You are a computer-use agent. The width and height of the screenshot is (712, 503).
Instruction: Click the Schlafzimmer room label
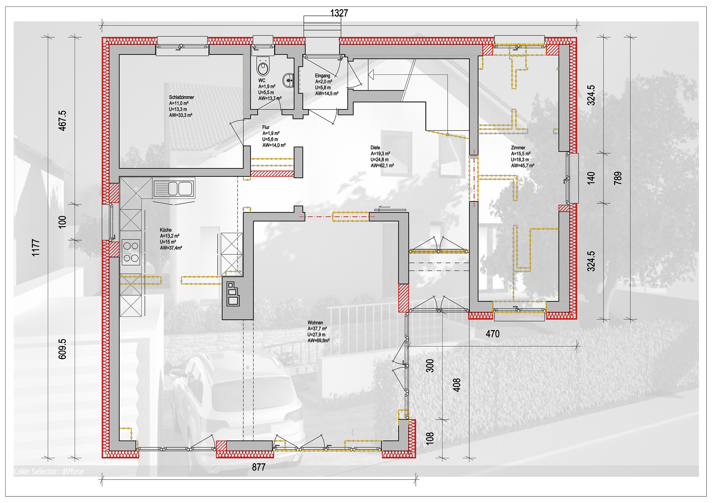(181, 97)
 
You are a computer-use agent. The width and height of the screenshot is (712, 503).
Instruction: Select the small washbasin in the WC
(288, 81)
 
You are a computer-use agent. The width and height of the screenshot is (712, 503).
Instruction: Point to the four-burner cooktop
(131, 252)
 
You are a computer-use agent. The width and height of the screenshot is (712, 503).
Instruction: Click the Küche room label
(166, 230)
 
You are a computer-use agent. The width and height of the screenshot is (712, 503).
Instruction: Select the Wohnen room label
(315, 323)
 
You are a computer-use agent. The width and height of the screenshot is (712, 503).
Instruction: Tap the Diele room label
(375, 147)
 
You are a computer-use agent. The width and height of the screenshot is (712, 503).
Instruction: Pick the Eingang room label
(323, 76)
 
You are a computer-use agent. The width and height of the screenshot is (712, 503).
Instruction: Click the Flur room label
(266, 127)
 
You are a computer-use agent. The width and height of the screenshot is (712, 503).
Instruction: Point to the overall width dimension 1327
(339, 13)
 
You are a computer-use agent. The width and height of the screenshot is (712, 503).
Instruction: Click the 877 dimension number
(259, 467)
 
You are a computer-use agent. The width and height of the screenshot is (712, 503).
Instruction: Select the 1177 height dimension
(36, 247)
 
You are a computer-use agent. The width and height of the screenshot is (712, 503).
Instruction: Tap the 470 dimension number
(493, 334)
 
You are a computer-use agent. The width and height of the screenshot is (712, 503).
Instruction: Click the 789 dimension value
(618, 178)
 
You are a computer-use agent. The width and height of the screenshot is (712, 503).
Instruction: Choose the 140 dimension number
(591, 178)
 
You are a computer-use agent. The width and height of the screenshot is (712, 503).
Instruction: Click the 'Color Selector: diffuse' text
(49, 471)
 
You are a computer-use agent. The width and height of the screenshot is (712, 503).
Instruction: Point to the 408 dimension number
(457, 385)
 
